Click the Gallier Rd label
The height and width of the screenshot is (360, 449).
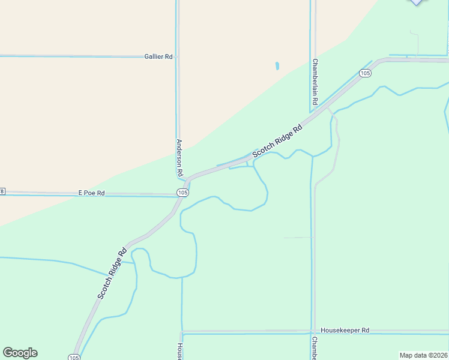click(158, 56)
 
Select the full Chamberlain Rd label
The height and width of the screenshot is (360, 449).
click(313, 82)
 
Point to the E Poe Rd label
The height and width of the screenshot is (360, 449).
click(92, 193)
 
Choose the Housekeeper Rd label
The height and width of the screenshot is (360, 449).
click(345, 330)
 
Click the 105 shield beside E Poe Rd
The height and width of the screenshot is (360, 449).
click(183, 192)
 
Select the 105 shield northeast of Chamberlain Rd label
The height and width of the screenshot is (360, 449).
click(365, 73)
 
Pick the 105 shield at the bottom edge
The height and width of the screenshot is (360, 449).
click(74, 358)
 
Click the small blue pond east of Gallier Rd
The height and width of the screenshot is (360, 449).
click(277, 65)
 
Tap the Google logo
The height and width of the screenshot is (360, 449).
click(20, 353)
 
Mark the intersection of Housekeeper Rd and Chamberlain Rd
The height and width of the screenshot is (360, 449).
click(312, 331)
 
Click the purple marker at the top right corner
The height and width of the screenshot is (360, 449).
click(417, 2)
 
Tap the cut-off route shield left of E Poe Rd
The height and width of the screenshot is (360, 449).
click(2, 192)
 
